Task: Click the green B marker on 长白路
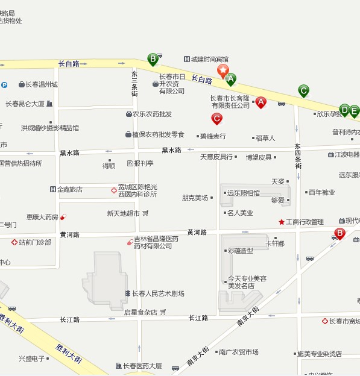coord(153,58)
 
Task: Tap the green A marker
coord(230,78)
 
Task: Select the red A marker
coord(261,102)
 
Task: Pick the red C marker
coord(216,119)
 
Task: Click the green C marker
coord(304,91)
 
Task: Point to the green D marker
coord(344,110)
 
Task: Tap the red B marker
coord(339,233)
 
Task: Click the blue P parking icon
coord(4,85)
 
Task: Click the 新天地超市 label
coord(124,213)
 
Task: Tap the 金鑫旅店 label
coord(70,190)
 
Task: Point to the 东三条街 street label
coord(134,84)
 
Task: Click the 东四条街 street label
coord(297,155)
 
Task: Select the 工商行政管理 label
coord(305,222)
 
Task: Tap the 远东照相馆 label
coord(243,193)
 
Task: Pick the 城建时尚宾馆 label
coord(209,59)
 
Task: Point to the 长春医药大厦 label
coord(142,366)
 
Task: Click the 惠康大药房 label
coord(42,217)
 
